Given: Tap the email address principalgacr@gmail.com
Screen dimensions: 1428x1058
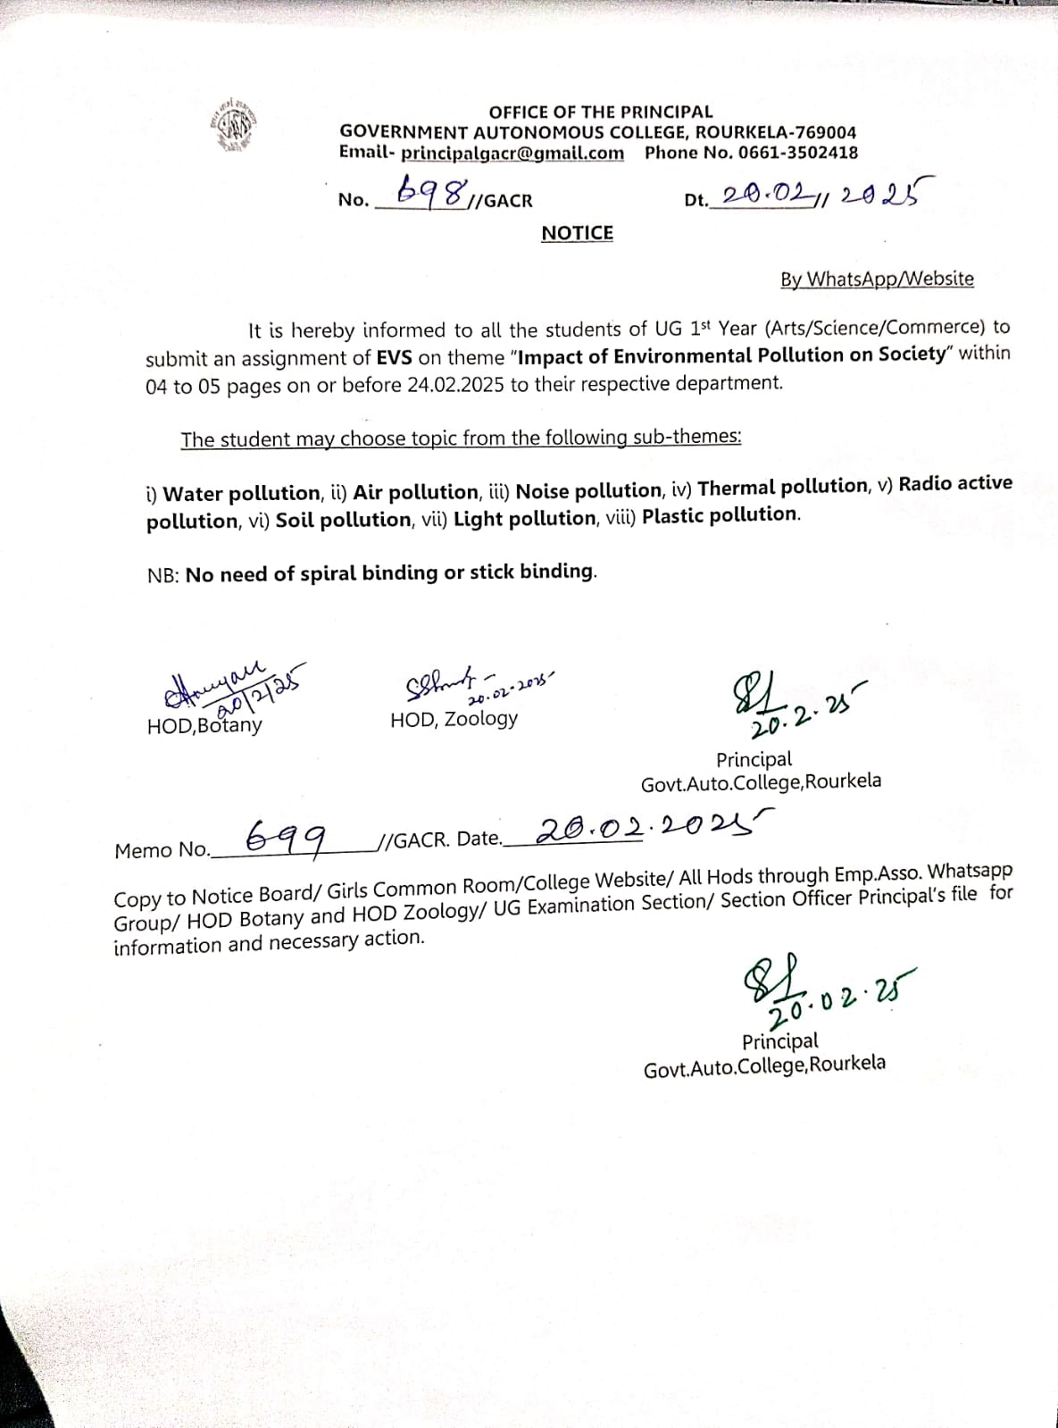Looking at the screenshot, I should point(512,153).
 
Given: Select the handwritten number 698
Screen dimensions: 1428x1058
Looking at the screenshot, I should point(433,190).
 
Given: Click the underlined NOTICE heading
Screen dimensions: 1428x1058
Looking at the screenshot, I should point(577,233).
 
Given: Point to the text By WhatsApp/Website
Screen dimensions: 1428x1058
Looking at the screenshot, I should point(877,279).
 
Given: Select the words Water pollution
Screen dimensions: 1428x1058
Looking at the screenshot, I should point(242,493).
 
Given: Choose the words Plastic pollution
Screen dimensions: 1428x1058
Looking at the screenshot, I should point(721,515).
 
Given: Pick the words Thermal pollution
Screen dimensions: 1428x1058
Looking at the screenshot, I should point(783,487).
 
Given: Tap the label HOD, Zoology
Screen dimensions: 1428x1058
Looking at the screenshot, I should point(454,719).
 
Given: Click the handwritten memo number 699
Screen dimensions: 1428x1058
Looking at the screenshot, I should point(286,838).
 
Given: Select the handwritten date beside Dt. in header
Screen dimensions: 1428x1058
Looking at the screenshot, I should point(821,193).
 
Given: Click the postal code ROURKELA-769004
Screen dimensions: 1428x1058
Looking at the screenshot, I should point(775,132).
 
